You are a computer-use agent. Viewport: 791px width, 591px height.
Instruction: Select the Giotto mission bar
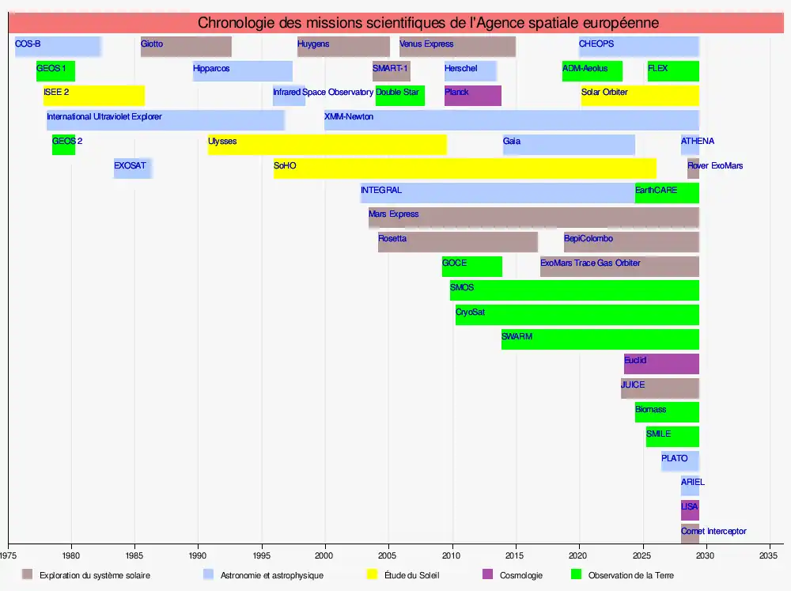pos(186,47)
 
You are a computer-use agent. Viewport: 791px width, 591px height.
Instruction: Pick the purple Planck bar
pos(472,96)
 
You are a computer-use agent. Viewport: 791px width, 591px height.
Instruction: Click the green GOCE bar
pos(471,267)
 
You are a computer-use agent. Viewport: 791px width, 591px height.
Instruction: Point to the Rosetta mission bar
pos(457,242)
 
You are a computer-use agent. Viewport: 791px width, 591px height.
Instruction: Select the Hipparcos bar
pos(242,71)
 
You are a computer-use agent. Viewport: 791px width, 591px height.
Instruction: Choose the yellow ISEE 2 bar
pos(93,96)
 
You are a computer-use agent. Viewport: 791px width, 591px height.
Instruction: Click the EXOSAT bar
pos(132,169)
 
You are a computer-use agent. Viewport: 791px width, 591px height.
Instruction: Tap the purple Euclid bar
pos(661,364)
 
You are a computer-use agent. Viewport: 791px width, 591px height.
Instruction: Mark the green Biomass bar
pos(667,412)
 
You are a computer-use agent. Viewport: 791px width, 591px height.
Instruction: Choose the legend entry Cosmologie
pos(520,575)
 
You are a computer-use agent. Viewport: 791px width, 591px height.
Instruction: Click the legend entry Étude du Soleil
pos(411,575)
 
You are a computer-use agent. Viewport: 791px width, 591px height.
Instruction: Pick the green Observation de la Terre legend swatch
pos(575,574)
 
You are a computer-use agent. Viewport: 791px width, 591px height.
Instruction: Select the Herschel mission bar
pos(470,71)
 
